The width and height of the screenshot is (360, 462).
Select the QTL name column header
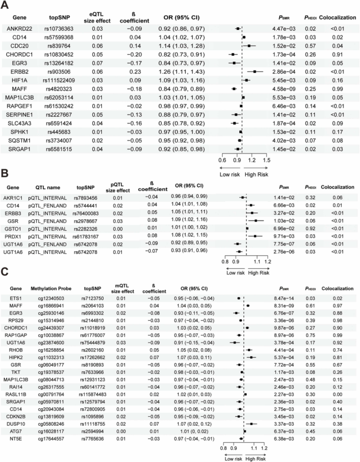coord(46,187)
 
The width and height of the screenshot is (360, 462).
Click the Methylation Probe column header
coord(47,288)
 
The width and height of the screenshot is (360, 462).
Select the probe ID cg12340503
coord(47,298)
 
